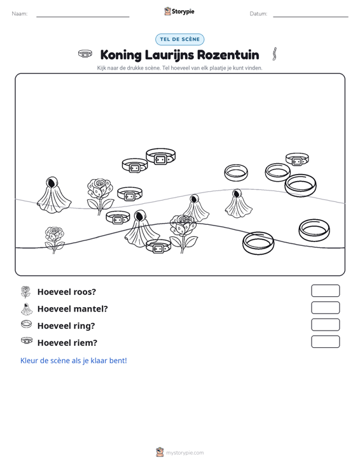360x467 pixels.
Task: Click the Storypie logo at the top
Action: (x=179, y=11)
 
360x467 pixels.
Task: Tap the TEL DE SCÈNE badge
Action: (x=179, y=40)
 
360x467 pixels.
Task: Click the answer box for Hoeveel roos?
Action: (x=325, y=291)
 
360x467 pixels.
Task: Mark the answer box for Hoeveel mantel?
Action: (x=325, y=308)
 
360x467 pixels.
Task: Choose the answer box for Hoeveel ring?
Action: (x=325, y=325)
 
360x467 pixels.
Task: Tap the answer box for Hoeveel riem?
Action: (x=325, y=341)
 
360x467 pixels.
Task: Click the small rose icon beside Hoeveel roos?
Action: (x=26, y=292)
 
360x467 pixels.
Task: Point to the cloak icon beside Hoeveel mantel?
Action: (x=27, y=309)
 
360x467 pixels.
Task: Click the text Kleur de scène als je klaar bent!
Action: (x=73, y=361)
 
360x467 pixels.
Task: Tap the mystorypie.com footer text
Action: (x=184, y=453)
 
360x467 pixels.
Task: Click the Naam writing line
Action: (x=83, y=17)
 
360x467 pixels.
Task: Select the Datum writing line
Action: (x=310, y=17)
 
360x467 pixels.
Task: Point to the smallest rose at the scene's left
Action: (x=54, y=240)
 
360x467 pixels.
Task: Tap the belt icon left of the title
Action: (x=85, y=54)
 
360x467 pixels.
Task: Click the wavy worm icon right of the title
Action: (x=275, y=54)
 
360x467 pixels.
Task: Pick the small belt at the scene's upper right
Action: (x=297, y=159)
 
